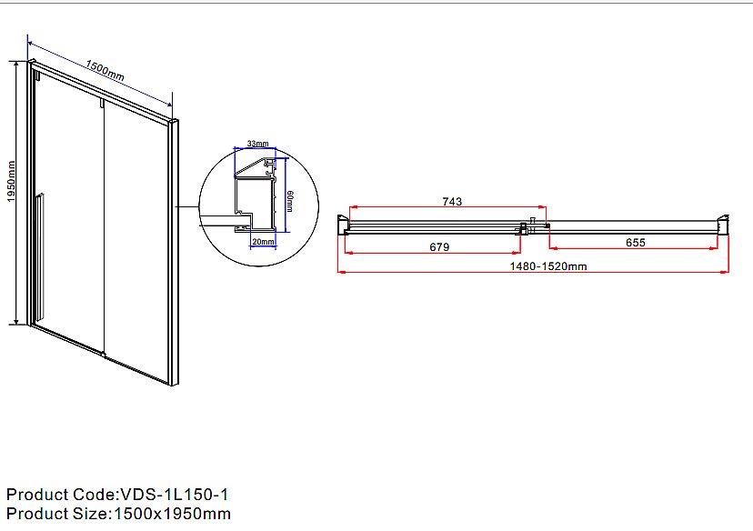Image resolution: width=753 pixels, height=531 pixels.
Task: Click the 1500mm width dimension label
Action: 105,70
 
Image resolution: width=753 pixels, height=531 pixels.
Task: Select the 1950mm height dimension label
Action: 12,182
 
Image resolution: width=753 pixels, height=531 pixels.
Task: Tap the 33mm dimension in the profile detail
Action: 258,144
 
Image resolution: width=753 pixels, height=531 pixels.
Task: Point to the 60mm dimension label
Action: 289,201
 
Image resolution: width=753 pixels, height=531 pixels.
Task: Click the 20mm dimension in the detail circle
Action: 263,242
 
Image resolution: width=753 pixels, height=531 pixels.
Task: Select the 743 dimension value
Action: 452,201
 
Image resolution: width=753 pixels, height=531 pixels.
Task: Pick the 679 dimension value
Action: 439,246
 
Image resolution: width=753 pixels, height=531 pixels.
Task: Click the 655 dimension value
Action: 636,243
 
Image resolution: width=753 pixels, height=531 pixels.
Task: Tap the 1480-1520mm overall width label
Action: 548,266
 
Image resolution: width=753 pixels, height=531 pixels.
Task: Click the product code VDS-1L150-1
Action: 175,495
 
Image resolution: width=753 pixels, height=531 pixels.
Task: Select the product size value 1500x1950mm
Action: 172,514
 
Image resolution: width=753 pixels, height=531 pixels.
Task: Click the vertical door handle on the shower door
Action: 39,255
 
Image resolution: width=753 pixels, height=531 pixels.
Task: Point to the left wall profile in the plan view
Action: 343,225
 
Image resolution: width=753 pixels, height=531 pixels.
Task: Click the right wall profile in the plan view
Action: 723,225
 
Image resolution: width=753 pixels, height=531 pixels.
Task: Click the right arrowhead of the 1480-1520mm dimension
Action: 725,272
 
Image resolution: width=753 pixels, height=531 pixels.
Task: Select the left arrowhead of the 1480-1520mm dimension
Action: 342,272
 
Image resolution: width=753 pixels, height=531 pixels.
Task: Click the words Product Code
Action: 61,495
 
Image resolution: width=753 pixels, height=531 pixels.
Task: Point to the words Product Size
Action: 57,514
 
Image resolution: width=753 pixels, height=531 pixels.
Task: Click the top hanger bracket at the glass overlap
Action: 102,104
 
